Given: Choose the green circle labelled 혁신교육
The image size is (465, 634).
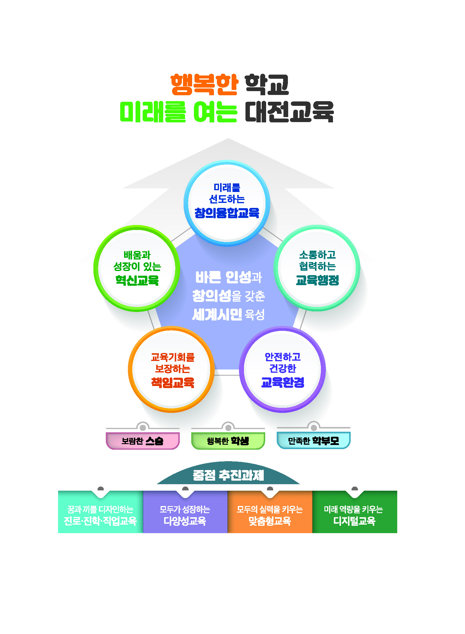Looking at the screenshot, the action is click(137, 268).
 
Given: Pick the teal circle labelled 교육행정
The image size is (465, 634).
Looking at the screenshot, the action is click(317, 268).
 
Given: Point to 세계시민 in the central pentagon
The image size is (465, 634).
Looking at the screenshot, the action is click(217, 315).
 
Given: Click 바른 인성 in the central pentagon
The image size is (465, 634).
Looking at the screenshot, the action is click(223, 277).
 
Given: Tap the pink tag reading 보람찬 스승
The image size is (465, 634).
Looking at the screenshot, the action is click(143, 441).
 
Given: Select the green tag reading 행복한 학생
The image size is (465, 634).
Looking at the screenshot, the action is click(228, 441).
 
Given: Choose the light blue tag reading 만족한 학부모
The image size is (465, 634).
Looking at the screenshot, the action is click(314, 441).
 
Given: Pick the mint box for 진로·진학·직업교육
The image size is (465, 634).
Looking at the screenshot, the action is click(100, 513).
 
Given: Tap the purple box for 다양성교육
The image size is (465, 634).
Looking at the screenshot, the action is click(185, 513).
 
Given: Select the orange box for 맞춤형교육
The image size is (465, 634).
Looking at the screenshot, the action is click(270, 513).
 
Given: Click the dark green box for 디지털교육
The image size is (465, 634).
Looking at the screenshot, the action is click(354, 513).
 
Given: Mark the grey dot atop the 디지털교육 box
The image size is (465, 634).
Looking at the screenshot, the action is click(355, 489).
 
